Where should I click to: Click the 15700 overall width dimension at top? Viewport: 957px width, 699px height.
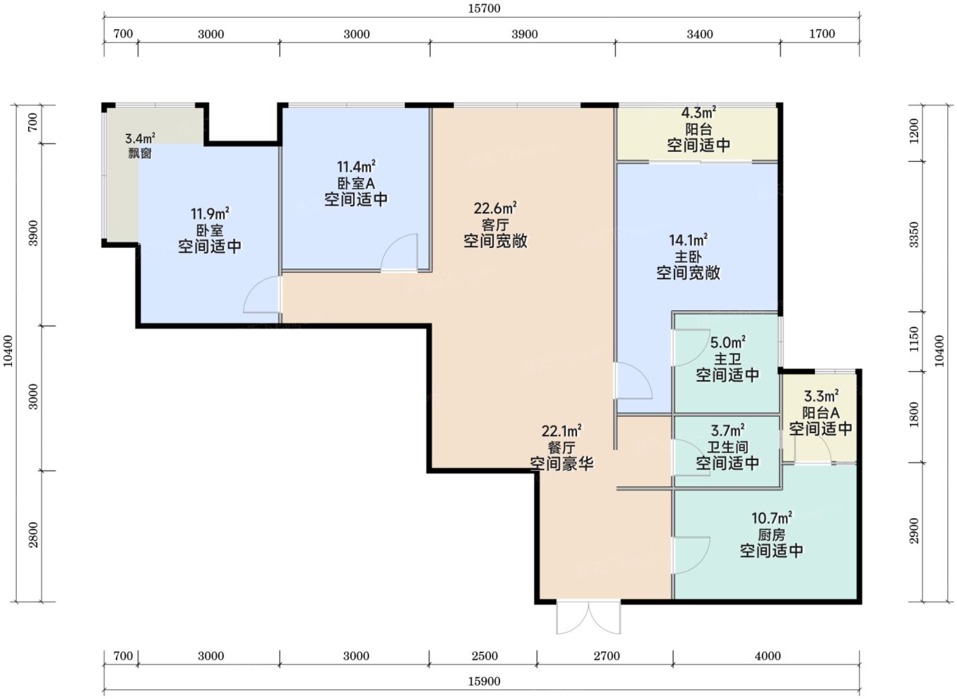484,8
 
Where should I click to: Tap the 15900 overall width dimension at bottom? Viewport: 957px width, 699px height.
484,681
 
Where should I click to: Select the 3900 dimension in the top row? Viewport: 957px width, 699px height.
525,34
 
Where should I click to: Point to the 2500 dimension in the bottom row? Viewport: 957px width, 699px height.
485,656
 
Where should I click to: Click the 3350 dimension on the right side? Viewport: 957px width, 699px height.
914,235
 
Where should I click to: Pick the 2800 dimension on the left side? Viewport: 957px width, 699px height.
33,535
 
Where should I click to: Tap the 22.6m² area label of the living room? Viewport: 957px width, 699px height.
496,208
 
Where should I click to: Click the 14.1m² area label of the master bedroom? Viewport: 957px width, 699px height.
689,240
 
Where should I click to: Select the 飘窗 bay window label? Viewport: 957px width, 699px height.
140,153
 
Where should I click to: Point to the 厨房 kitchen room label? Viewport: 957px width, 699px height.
771,535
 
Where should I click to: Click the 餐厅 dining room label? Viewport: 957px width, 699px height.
561,447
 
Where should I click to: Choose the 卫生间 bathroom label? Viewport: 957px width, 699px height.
727,447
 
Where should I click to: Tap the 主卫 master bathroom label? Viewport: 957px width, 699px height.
727,359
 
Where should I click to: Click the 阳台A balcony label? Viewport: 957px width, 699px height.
821,413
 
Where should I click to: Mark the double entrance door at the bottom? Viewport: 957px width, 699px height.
588,617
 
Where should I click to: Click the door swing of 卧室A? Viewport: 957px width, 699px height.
399,252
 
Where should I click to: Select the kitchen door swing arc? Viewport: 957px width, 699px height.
692,556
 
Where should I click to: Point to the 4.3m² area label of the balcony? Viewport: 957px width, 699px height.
699,113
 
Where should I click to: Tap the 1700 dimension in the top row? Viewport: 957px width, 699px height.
822,34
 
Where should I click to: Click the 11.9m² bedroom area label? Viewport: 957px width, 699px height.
210,213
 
